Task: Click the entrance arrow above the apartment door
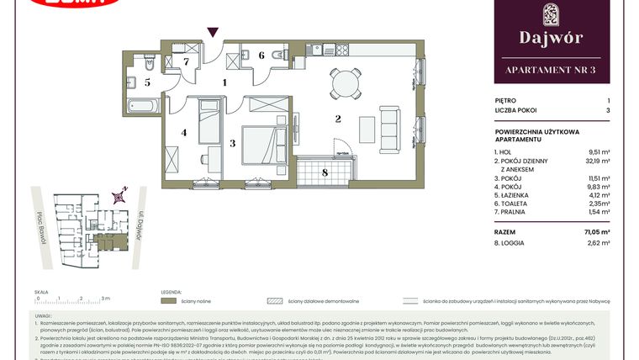[x=214, y=32]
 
